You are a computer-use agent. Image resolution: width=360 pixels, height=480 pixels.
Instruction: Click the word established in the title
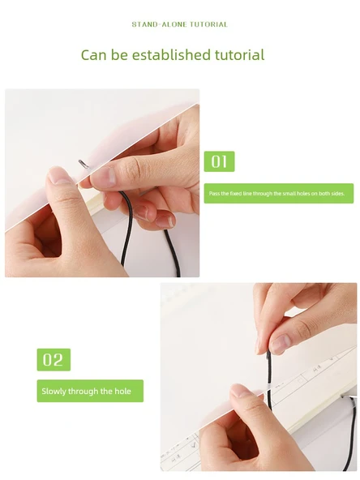(x=171, y=55)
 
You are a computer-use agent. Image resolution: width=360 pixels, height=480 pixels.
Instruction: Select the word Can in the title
(x=94, y=55)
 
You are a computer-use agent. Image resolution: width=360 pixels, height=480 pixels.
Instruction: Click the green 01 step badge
(x=219, y=161)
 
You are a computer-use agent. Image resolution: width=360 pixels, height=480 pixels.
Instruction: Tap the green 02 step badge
(x=54, y=360)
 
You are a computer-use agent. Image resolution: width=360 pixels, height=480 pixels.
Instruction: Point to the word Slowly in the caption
(x=54, y=392)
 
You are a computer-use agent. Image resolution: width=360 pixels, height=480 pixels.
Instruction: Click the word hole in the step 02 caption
(x=122, y=392)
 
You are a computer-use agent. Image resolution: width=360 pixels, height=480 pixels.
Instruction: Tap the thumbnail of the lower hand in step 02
(x=242, y=391)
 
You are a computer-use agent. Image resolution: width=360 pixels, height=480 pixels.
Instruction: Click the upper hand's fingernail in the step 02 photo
(x=280, y=345)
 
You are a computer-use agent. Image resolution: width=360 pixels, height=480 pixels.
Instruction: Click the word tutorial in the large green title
(x=239, y=55)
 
